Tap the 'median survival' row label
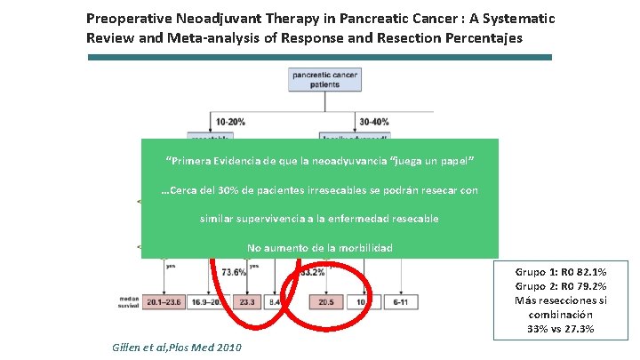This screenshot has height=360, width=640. (x=124, y=302)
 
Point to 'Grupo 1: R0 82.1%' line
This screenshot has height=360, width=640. (x=562, y=273)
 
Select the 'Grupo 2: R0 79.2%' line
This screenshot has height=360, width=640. (x=562, y=286)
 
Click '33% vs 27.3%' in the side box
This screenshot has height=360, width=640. (x=562, y=329)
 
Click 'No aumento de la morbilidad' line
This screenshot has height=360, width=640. (x=319, y=247)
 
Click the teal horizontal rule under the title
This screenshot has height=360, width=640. (x=319, y=57)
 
